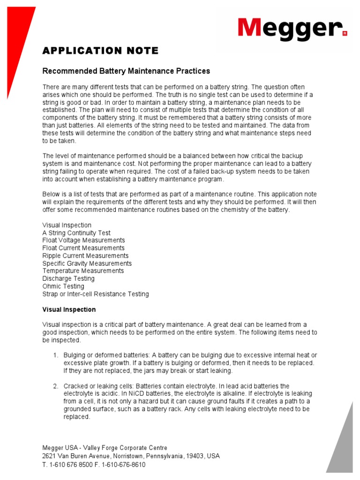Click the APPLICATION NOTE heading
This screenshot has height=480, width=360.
point(100,51)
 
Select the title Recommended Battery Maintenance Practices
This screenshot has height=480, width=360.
point(126,71)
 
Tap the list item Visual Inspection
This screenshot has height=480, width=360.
point(67,225)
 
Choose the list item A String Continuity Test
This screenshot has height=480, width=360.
point(76,233)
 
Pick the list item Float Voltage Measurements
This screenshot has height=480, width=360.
point(83,240)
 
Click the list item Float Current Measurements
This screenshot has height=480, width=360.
point(83,248)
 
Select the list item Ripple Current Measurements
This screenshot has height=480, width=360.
point(85,256)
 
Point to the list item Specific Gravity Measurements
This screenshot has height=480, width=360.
point(87,263)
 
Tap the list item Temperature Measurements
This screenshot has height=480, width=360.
point(83,271)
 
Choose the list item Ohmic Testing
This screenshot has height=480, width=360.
point(63,286)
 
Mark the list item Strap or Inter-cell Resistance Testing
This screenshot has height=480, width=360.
point(96,294)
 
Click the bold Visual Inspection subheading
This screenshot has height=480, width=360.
point(69,310)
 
